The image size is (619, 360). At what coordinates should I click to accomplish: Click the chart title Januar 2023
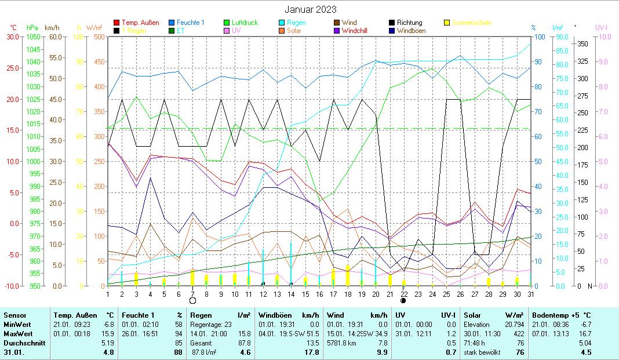tap(310, 9)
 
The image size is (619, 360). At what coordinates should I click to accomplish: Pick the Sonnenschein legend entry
tap(471, 23)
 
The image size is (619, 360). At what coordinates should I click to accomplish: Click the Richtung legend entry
tap(409, 23)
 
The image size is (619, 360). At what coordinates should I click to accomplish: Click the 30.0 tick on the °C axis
tap(13, 37)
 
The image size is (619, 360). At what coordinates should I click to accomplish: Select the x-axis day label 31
tap(530, 294)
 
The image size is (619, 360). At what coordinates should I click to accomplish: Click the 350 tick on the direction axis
tap(582, 44)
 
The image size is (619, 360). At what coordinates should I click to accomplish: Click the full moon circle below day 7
tap(192, 301)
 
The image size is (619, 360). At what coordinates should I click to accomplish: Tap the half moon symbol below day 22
tap(403, 301)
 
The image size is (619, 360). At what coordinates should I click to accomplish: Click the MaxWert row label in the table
tap(17, 333)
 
